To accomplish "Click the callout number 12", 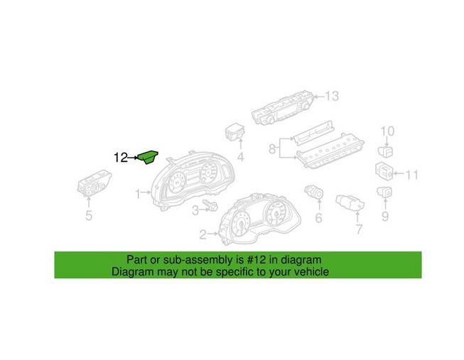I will point(121,158).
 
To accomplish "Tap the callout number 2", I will point(203,234).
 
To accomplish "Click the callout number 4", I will point(240,156).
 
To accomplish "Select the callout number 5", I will point(89,217).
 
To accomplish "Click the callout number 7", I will point(359,229).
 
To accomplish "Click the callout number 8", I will point(271,149).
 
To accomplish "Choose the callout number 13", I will point(331,96).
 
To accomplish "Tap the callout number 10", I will point(387,131).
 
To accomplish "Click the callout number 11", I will point(412,174).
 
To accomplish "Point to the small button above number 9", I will point(384,192).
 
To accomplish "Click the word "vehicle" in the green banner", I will point(308,271).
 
